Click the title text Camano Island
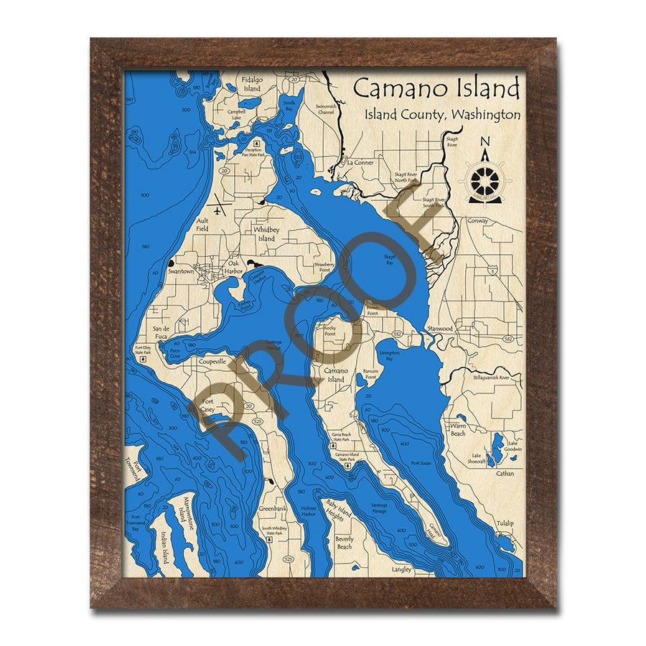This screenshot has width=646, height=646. (x=436, y=89)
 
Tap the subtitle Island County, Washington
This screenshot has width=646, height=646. (x=441, y=114)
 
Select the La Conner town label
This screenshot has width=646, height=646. (x=360, y=162)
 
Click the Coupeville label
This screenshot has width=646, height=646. (x=212, y=362)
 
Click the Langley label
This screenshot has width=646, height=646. (x=401, y=569)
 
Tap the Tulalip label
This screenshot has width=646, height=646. (x=505, y=523)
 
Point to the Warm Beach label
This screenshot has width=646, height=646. (x=457, y=429)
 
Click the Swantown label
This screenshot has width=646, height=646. (x=181, y=272)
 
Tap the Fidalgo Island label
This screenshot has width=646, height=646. (x=251, y=84)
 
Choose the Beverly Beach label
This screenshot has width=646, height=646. (x=344, y=543)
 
